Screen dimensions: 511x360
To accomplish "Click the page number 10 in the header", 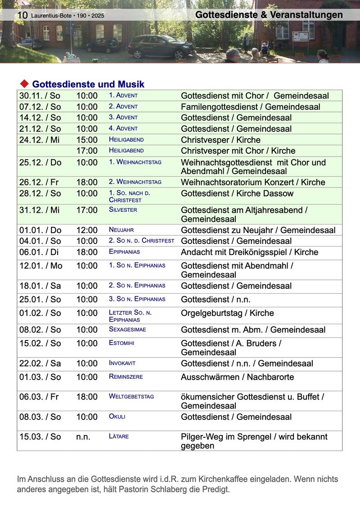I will coord(22,16).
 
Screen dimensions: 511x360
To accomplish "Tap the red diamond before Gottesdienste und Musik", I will coord(24,84).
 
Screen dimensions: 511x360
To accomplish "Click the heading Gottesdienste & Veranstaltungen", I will coord(269,15).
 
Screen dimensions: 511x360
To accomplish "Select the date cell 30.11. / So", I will coord(40,96).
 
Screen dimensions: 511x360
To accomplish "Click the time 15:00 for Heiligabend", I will coord(86,140).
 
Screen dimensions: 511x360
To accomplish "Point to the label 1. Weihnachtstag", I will coord(135,162).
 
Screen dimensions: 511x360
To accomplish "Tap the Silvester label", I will coord(123,210).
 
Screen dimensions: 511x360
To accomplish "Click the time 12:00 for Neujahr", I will coord(86,230).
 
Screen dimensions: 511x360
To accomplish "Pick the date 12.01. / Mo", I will coord(40,265).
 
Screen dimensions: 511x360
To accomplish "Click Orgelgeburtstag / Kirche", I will coord(227,313).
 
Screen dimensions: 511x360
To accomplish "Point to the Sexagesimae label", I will coord(127,329).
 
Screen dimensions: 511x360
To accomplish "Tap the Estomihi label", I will coord(121,343).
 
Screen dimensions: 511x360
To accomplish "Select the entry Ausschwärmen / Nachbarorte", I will coord(237,377).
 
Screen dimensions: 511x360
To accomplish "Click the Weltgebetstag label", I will coord(131,396).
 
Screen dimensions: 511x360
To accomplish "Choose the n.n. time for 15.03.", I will coord(83,436).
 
